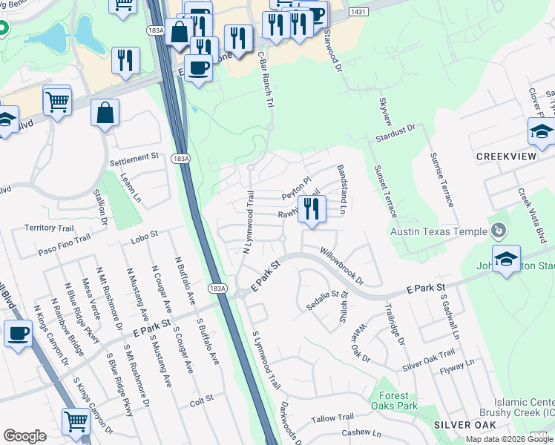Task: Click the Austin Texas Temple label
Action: point(439,231)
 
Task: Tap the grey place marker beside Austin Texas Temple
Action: point(499,231)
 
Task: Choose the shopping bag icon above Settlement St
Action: point(105,113)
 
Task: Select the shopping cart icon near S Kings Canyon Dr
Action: point(76,421)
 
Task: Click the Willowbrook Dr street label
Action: point(342,266)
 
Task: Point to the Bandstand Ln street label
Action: point(343,190)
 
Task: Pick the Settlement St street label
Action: point(134,157)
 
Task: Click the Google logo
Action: point(24,436)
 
